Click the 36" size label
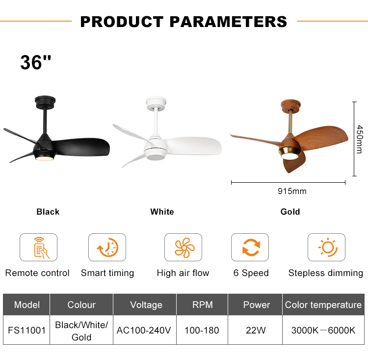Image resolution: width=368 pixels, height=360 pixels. click(x=36, y=62)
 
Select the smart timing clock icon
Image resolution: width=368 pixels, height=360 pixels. click(x=107, y=247)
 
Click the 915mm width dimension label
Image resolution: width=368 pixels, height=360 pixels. click(x=292, y=191)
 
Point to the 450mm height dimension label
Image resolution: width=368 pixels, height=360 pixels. click(x=360, y=139)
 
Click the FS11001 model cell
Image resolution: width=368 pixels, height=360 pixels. click(x=26, y=330)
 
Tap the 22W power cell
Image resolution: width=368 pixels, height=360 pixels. click(x=255, y=330)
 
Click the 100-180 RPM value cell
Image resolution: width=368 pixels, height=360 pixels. click(x=202, y=330)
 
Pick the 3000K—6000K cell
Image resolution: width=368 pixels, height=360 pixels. click(x=323, y=330)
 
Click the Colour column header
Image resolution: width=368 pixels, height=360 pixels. click(x=81, y=305)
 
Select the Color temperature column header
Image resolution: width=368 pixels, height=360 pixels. click(x=323, y=305)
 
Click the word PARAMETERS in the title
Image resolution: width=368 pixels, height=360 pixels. click(x=228, y=22)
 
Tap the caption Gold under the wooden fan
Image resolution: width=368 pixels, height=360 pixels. click(x=290, y=212)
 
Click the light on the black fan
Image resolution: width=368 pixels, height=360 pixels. click(x=44, y=159)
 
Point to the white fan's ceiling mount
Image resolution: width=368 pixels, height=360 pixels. click(x=156, y=103)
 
